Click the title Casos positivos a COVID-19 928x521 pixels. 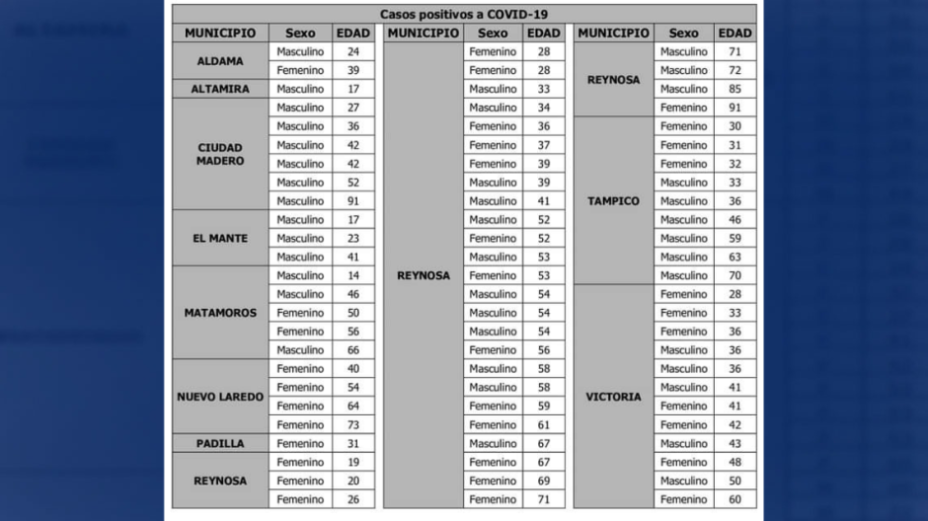click(463, 14)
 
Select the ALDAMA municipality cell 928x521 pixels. click(220, 61)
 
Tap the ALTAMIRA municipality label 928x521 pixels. click(220, 89)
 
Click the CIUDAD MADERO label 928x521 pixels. click(220, 154)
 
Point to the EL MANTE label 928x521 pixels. click(220, 239)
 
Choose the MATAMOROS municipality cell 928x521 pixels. click(220, 313)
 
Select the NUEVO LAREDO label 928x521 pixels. click(220, 397)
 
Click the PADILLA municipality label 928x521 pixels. click(220, 444)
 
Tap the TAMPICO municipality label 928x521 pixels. click(613, 201)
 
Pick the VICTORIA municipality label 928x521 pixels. click(613, 397)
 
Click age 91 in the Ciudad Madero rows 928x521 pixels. click(353, 201)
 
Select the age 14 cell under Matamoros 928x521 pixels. click(353, 276)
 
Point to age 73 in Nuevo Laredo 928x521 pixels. click(353, 425)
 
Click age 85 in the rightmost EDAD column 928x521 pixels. click(735, 89)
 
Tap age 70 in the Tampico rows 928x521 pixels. click(735, 276)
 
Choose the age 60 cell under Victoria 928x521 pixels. click(735, 500)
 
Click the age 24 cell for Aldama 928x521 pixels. click(353, 51)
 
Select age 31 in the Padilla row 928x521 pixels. click(353, 444)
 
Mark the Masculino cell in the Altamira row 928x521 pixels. click(300, 89)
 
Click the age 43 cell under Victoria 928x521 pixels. click(735, 444)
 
